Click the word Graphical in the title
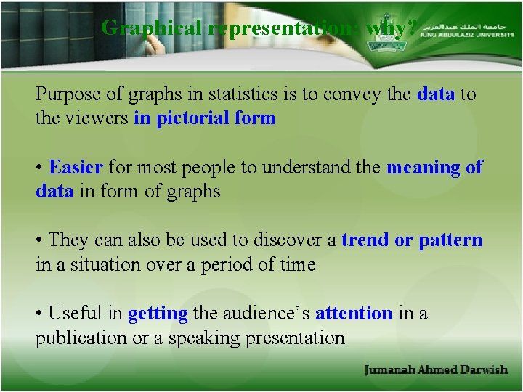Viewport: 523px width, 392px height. (x=152, y=28)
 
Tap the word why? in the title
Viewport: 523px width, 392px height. (x=392, y=28)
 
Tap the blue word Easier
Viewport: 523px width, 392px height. (x=76, y=168)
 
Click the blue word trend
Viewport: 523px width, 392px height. (x=365, y=240)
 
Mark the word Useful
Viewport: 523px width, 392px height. (x=76, y=314)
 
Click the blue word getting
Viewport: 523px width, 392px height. (x=158, y=314)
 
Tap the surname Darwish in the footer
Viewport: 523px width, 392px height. (x=484, y=370)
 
